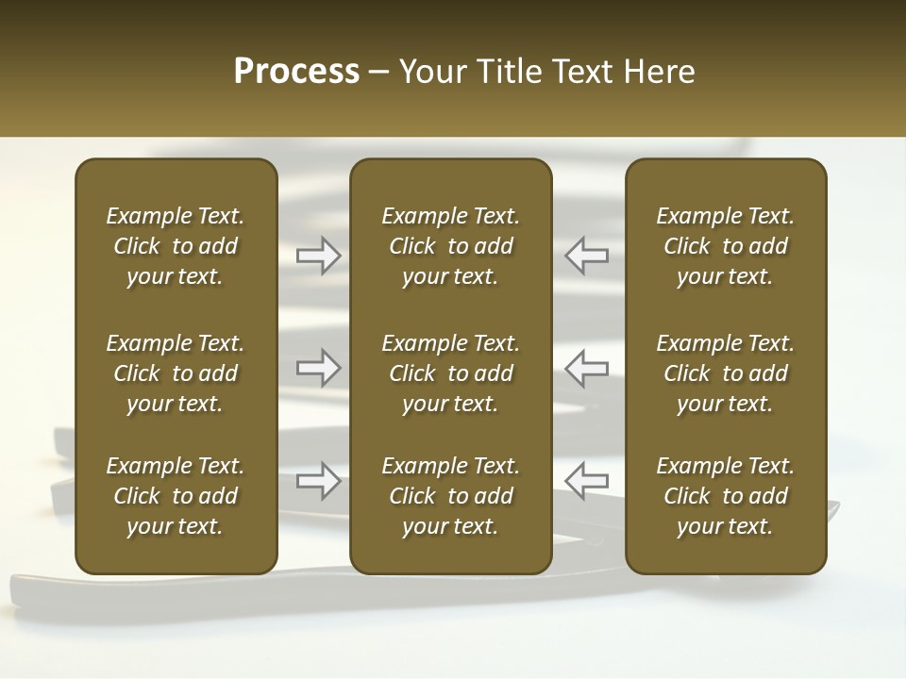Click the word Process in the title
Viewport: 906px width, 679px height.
(x=296, y=72)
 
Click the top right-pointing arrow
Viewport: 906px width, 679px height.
(x=318, y=255)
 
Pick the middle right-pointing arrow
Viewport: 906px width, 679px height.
(x=318, y=368)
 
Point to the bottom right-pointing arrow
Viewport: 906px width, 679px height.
(x=318, y=481)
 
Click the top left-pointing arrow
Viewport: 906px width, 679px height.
(x=587, y=255)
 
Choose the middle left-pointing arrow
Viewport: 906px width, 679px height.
(x=587, y=368)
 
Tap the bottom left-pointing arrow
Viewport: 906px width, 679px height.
(x=587, y=481)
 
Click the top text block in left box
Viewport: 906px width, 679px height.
(x=176, y=246)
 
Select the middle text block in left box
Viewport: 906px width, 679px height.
(x=176, y=373)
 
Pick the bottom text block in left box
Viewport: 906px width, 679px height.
(x=176, y=496)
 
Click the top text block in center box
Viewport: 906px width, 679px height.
(x=451, y=246)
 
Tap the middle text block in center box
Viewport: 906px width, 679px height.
(x=451, y=373)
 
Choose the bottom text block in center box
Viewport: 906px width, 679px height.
(x=451, y=496)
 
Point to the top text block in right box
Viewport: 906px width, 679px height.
(x=726, y=246)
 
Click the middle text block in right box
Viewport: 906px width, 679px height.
(x=726, y=373)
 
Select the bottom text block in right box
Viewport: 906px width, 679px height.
(x=726, y=496)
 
